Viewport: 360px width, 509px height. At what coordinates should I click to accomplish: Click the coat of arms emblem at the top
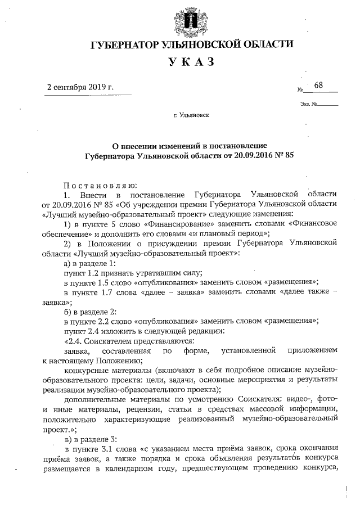click(191, 20)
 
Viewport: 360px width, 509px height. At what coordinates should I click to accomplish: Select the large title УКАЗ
click(191, 62)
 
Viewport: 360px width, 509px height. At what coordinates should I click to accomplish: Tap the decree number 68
click(319, 85)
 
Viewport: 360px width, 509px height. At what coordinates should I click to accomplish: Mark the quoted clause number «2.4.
click(75, 341)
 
